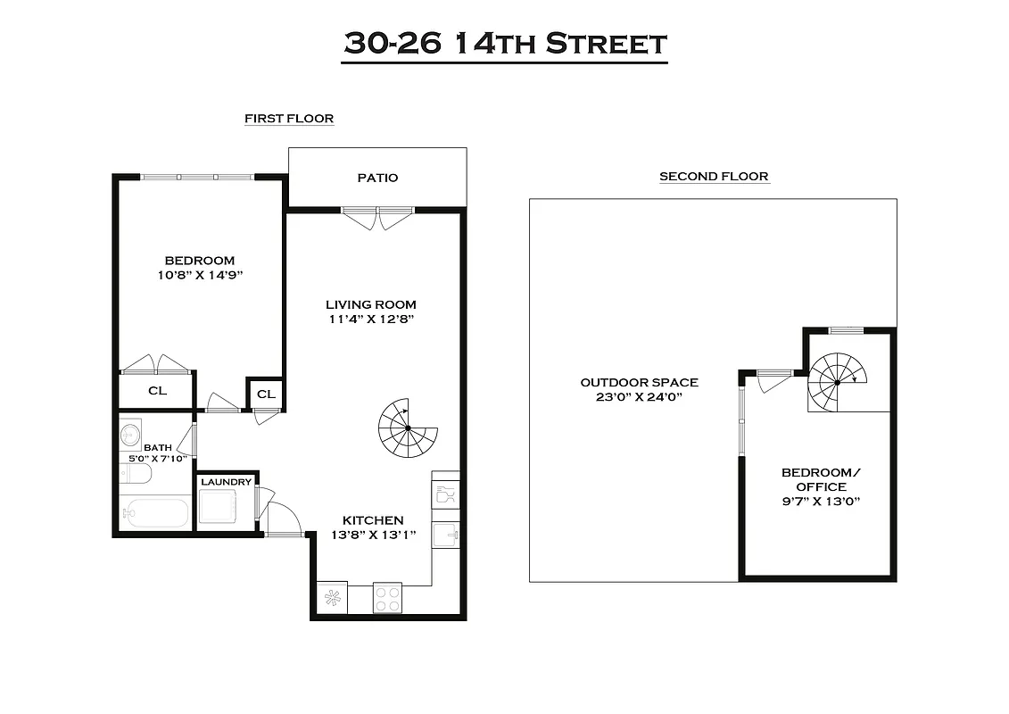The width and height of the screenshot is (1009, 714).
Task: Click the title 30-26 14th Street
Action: pos(505,44)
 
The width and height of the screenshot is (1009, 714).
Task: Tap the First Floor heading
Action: pos(289,118)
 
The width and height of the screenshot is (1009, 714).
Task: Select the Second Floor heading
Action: pos(714,176)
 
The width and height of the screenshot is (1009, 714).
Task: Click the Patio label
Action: pos(377,178)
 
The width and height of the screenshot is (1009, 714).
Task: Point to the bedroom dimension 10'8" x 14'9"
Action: pos(199,275)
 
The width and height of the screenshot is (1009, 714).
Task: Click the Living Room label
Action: pos(370,304)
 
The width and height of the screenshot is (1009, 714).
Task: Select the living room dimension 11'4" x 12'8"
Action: pos(370,318)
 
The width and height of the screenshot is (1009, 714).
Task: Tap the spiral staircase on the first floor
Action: pos(408,428)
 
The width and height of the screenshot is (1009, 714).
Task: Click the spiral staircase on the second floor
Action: pos(837,382)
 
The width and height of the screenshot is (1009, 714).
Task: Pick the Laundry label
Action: pos(227,482)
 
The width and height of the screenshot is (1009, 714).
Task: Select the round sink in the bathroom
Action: pos(130,432)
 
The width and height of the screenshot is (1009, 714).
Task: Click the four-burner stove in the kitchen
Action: pos(387,598)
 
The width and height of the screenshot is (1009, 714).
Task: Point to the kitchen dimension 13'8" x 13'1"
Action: pos(373,535)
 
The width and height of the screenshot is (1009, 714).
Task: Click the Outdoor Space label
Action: pos(639,382)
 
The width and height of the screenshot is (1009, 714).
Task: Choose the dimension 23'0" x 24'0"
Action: pos(639,397)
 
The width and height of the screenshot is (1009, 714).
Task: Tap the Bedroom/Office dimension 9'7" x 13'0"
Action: pos(814,502)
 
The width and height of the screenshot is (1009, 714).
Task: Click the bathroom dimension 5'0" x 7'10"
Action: pos(157,460)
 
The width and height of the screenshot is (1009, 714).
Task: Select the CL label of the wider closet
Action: pos(157,390)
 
